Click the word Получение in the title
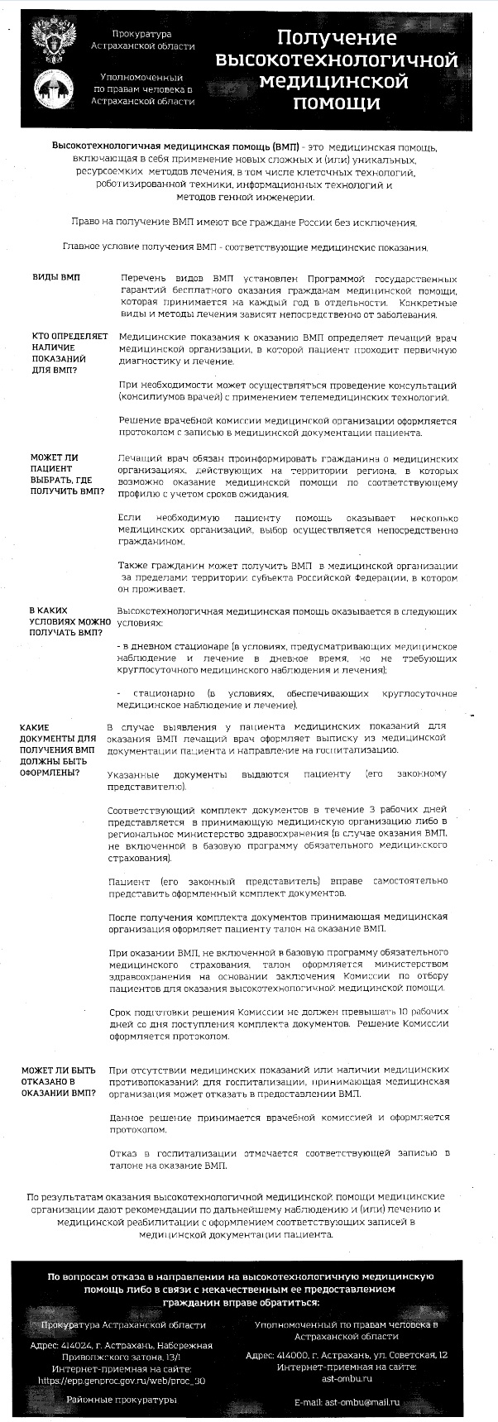tap(336, 39)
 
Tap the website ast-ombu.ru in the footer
tap(347, 1377)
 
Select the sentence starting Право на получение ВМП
tap(245, 223)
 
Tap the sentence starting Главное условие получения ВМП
tap(245, 247)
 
